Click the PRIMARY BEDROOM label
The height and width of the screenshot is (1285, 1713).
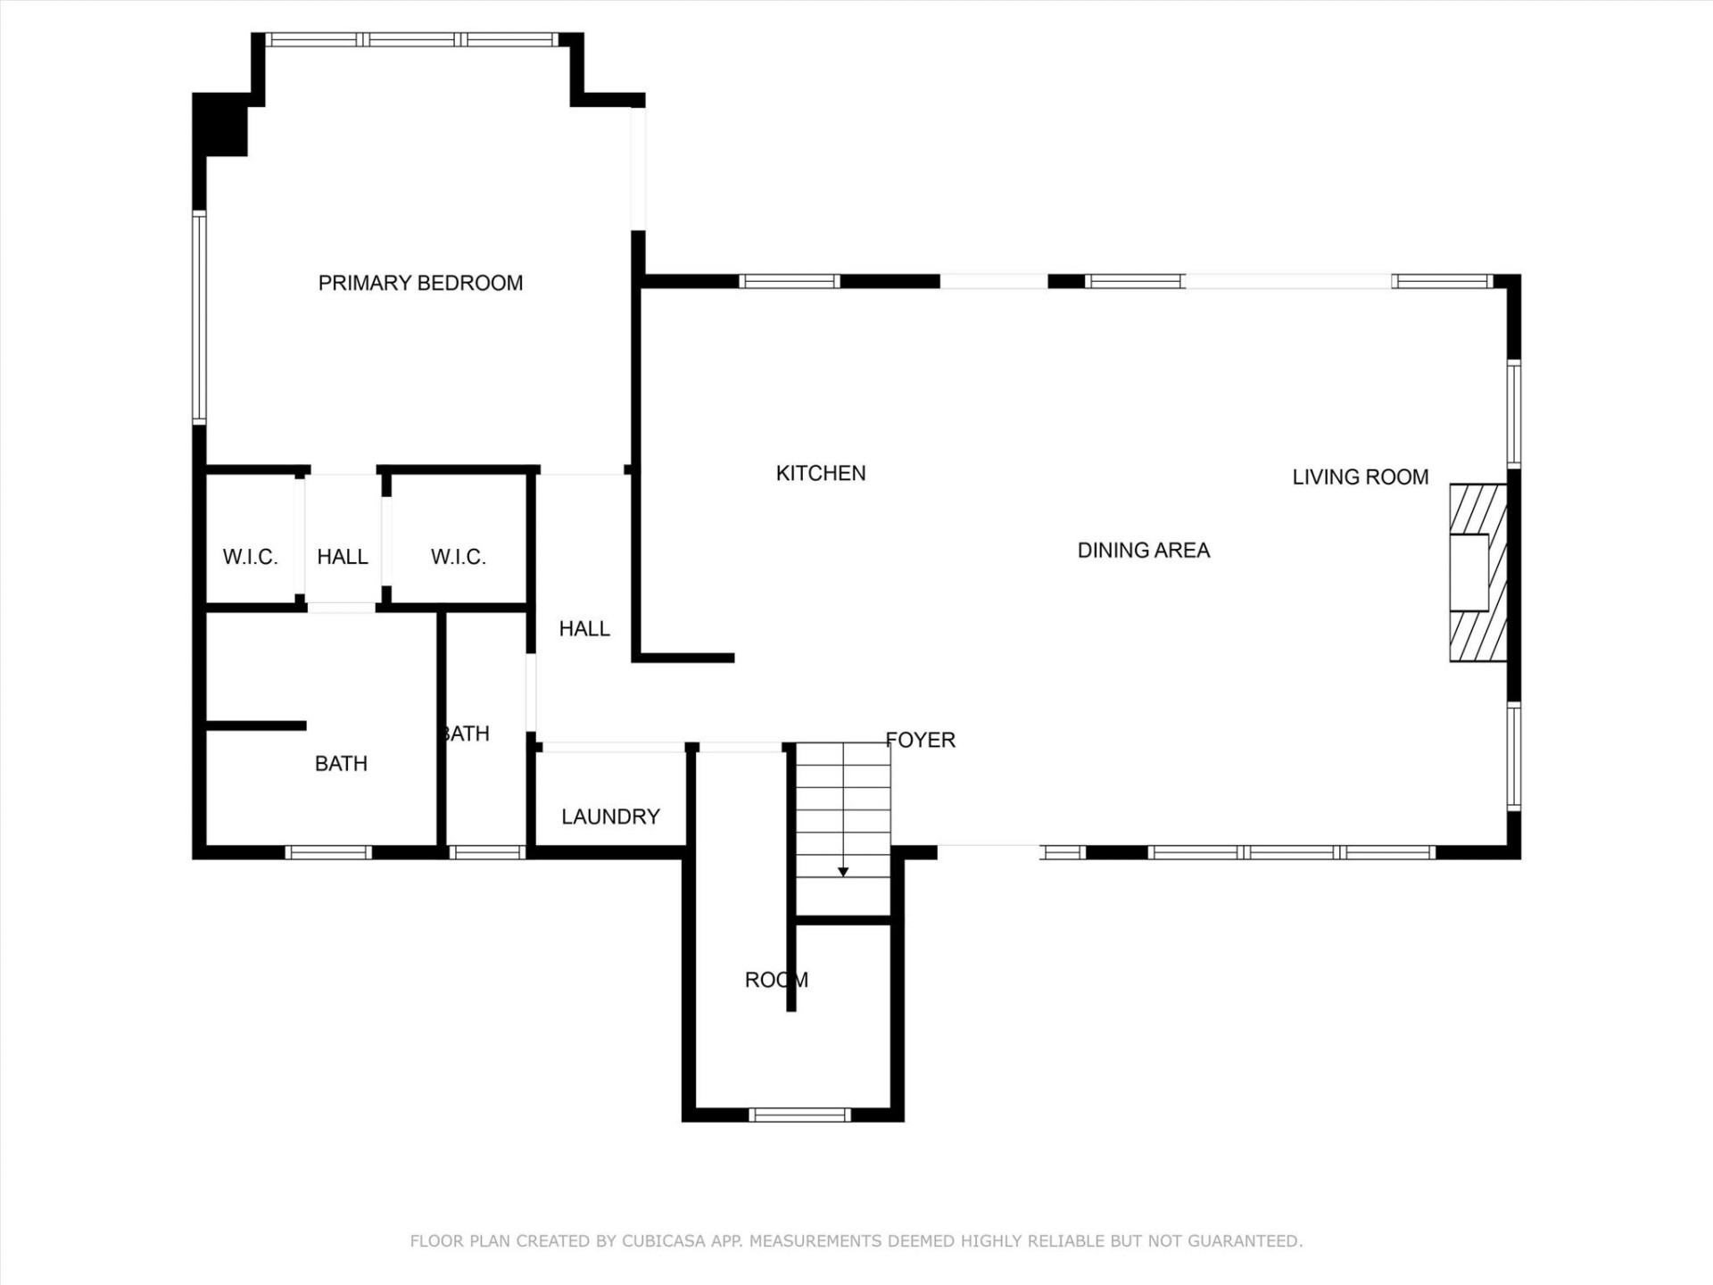420,283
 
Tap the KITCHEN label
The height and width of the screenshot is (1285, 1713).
820,473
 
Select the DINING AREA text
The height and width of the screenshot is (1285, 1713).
1143,550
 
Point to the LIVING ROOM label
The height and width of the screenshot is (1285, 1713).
1360,477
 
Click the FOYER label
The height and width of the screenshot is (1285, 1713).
921,740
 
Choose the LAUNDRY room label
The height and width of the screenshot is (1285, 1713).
610,817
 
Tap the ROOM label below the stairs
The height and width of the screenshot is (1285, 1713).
775,980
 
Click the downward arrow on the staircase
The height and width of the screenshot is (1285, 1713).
843,871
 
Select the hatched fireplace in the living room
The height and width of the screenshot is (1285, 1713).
1477,572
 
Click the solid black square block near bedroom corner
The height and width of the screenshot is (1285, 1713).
220,124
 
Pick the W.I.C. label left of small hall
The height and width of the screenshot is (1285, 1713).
250,557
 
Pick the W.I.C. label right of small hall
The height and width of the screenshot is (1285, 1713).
458,557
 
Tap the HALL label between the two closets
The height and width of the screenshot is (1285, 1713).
343,557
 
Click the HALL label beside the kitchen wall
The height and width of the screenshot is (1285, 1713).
584,629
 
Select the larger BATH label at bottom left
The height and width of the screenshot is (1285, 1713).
341,764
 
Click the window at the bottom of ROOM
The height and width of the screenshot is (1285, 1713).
799,1115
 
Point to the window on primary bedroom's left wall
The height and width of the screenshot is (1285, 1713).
199,317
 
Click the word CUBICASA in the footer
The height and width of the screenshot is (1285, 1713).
664,1241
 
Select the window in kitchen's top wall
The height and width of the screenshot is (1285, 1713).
790,281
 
